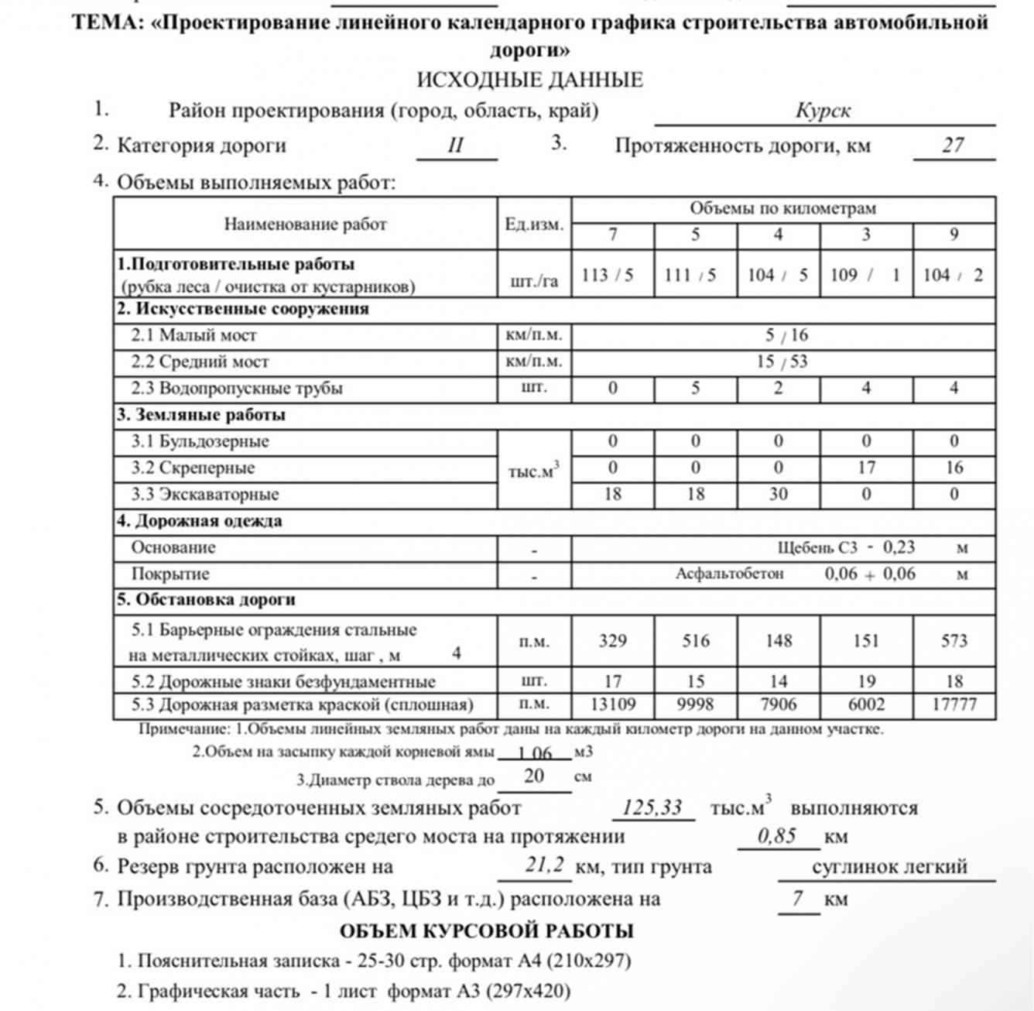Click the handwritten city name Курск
click(x=823, y=111)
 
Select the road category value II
click(x=456, y=146)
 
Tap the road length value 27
click(x=953, y=145)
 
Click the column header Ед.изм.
click(x=534, y=224)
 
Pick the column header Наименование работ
click(x=305, y=224)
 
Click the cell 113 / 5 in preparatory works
click(x=612, y=275)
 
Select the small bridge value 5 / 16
click(x=786, y=335)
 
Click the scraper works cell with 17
click(x=866, y=468)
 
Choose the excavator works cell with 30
click(x=778, y=494)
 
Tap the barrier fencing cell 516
click(x=695, y=641)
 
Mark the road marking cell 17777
click(x=954, y=704)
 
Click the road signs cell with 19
click(x=866, y=681)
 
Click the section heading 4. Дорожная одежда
click(x=200, y=520)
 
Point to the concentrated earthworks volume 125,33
click(x=652, y=808)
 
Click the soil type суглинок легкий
click(x=889, y=866)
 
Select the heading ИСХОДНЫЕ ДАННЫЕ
click(x=529, y=80)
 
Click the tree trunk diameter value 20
click(x=534, y=776)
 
